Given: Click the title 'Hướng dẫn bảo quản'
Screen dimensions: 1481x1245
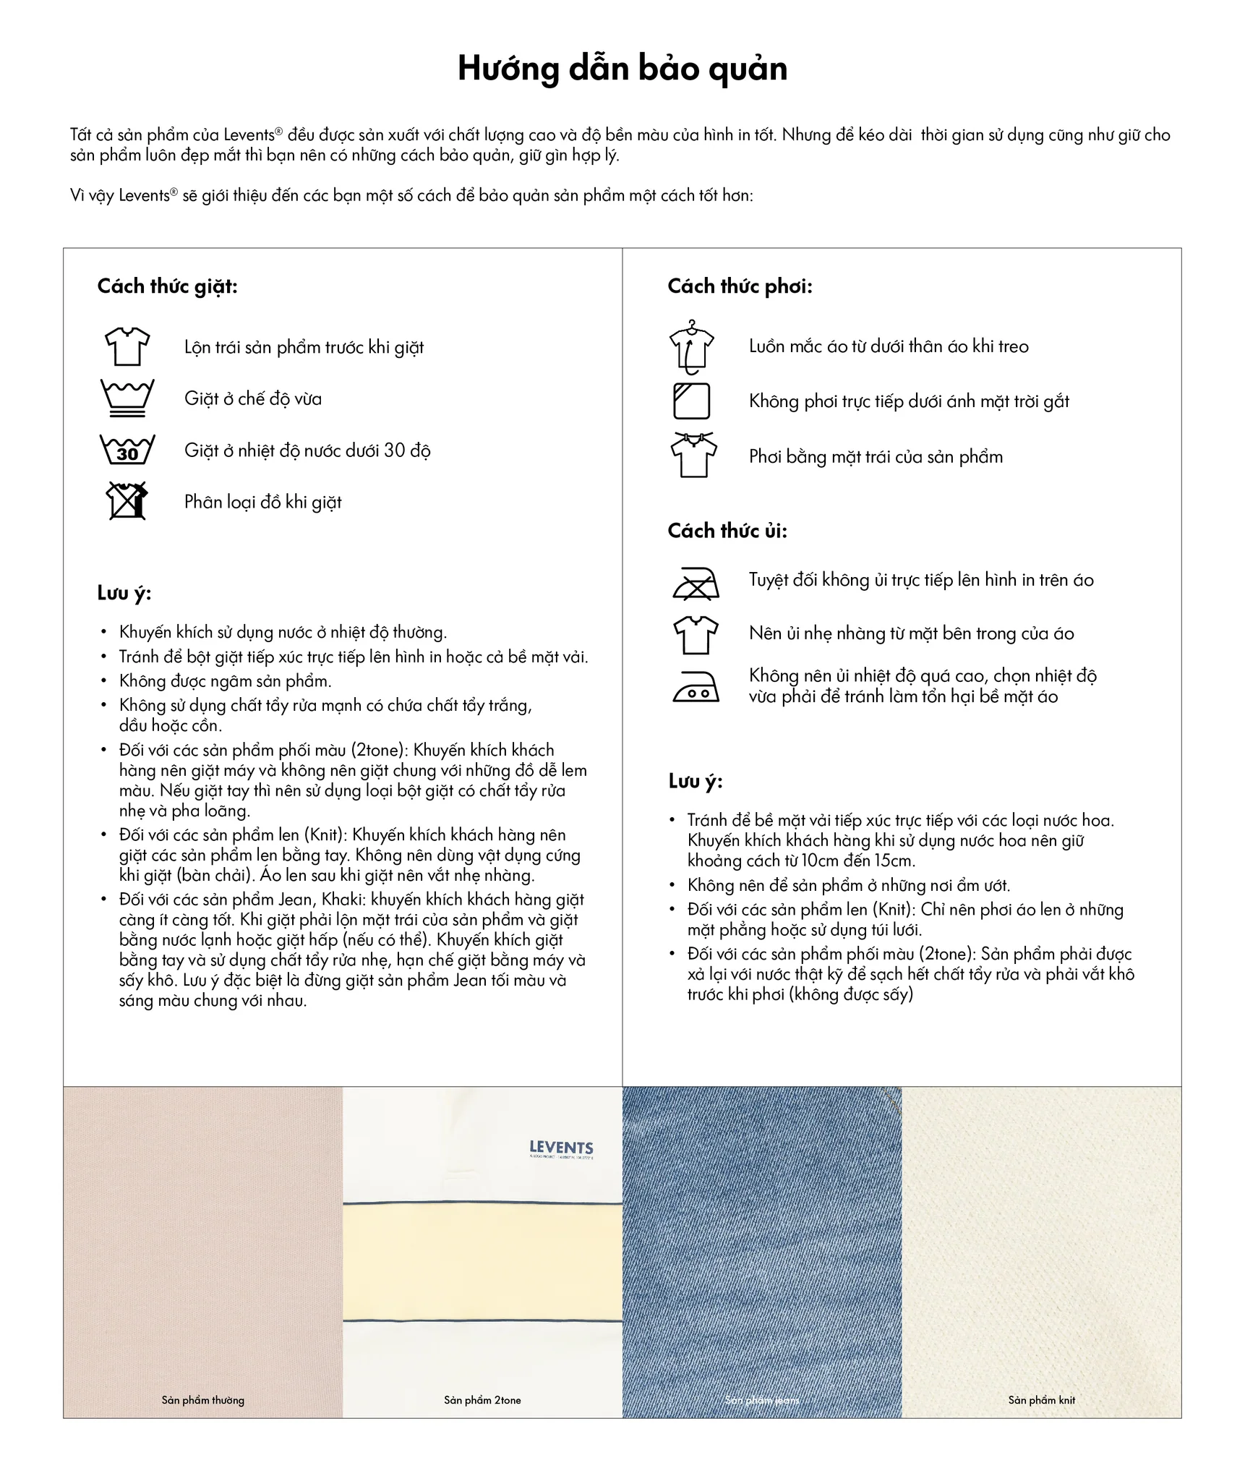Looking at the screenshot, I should point(622,69).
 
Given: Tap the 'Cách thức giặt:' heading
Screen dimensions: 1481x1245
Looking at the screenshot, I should point(167,286).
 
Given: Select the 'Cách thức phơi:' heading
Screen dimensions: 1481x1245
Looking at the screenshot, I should point(740,286).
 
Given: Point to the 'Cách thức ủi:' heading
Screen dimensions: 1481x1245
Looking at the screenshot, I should point(727,531).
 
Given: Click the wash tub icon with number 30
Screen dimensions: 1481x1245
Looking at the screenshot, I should point(127,450).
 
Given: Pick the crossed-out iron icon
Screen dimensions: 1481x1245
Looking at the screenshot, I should point(695,583).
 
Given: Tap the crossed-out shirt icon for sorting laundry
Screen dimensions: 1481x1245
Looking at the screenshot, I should point(127,500).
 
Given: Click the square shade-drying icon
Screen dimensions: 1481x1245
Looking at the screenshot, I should point(692,401).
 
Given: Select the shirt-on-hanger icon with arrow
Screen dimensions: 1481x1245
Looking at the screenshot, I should point(692,347).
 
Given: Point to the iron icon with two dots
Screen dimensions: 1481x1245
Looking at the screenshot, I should point(696,686).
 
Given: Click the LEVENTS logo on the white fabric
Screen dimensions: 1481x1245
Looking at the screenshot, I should point(561,1148).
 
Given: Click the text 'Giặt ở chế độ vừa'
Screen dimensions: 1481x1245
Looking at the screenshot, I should point(253,398).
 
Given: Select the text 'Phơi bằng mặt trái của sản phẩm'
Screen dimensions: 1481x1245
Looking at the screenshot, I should point(876,457).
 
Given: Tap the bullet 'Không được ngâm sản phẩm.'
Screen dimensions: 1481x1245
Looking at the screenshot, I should point(225,681).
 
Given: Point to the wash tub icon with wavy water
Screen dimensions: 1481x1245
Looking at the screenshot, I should point(127,398).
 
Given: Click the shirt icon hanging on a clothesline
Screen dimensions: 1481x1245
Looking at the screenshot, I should point(694,456).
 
